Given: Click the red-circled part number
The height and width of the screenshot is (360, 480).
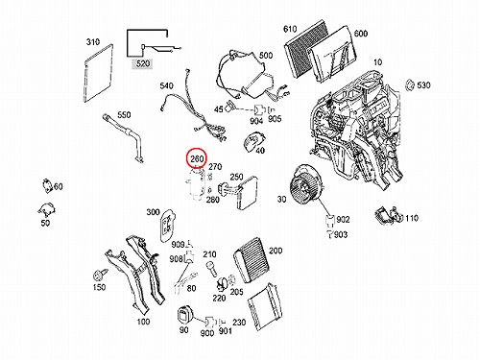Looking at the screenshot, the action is click(197, 158).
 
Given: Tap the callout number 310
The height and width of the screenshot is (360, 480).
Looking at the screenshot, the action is click(93, 42).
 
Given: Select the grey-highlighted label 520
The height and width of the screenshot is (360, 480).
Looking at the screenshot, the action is click(143, 63).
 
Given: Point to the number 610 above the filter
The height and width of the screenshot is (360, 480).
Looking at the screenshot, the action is click(290, 29).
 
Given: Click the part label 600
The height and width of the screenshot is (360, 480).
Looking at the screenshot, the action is click(361, 34).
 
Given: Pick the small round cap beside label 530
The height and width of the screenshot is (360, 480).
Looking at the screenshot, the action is click(409, 85).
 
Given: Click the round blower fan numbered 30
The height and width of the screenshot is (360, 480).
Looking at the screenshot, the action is click(304, 184).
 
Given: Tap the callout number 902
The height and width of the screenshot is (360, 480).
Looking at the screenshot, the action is click(343, 220).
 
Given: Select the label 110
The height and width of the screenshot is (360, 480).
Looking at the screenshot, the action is click(412, 218).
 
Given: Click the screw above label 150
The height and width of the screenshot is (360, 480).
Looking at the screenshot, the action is click(98, 275).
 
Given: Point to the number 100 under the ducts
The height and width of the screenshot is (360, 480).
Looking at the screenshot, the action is click(143, 322).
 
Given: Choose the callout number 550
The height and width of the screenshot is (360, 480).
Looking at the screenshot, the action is click(124, 115).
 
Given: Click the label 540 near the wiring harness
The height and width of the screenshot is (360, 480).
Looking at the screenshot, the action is click(166, 85).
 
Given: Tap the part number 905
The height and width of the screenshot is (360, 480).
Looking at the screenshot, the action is click(275, 119).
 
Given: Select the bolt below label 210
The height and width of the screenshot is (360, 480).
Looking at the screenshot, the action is click(212, 269).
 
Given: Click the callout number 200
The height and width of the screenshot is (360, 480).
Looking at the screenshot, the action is click(276, 251).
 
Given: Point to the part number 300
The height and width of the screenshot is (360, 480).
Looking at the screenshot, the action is click(153, 212).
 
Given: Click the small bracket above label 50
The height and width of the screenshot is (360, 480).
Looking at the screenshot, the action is click(47, 210).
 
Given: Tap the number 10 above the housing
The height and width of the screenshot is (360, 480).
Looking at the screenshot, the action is click(377, 62).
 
